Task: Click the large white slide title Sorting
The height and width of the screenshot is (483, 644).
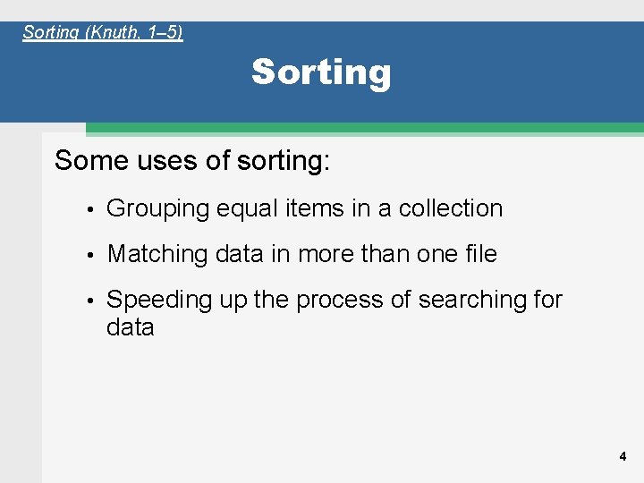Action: point(321,72)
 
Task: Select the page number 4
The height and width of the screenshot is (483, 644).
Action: point(623,457)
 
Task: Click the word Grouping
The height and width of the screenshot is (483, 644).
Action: point(157,209)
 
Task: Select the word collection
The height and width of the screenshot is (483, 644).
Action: point(451,208)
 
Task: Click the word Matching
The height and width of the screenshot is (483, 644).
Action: point(157,255)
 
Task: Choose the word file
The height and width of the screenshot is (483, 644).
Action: point(480,254)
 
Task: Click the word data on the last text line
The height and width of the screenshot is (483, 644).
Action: point(130,327)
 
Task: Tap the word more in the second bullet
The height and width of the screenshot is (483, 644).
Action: point(326,254)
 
